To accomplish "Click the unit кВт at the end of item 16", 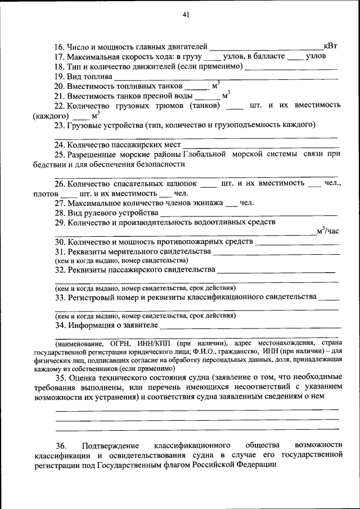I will pos(331,47).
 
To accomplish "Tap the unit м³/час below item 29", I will pos(327,231).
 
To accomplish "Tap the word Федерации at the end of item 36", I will pos(257,465).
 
